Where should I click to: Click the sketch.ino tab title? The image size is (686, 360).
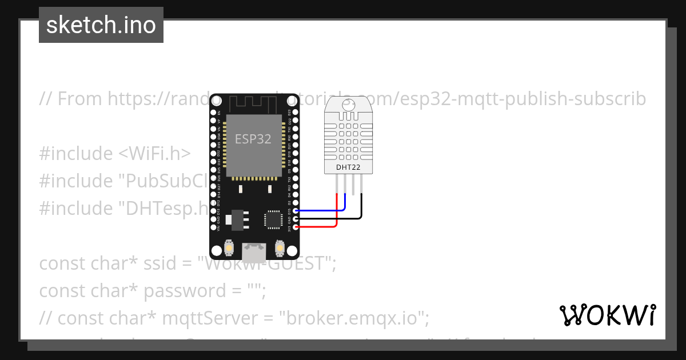tap(101, 25)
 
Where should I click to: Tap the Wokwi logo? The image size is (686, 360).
tap(607, 315)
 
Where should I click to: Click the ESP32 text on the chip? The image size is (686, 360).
tap(253, 138)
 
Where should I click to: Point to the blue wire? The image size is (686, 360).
tap(320, 210)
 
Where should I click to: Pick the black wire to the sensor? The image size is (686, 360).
tap(332, 218)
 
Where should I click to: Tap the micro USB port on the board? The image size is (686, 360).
tap(254, 251)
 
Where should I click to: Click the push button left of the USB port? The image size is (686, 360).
tap(228, 249)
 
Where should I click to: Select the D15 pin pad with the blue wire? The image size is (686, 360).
tap(295, 210)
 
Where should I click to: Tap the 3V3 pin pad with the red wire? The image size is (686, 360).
tap(295, 227)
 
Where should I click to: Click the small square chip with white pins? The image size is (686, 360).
tap(273, 219)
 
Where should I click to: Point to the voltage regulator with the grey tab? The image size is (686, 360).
tap(235, 219)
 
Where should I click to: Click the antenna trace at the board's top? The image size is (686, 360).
tap(254, 104)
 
